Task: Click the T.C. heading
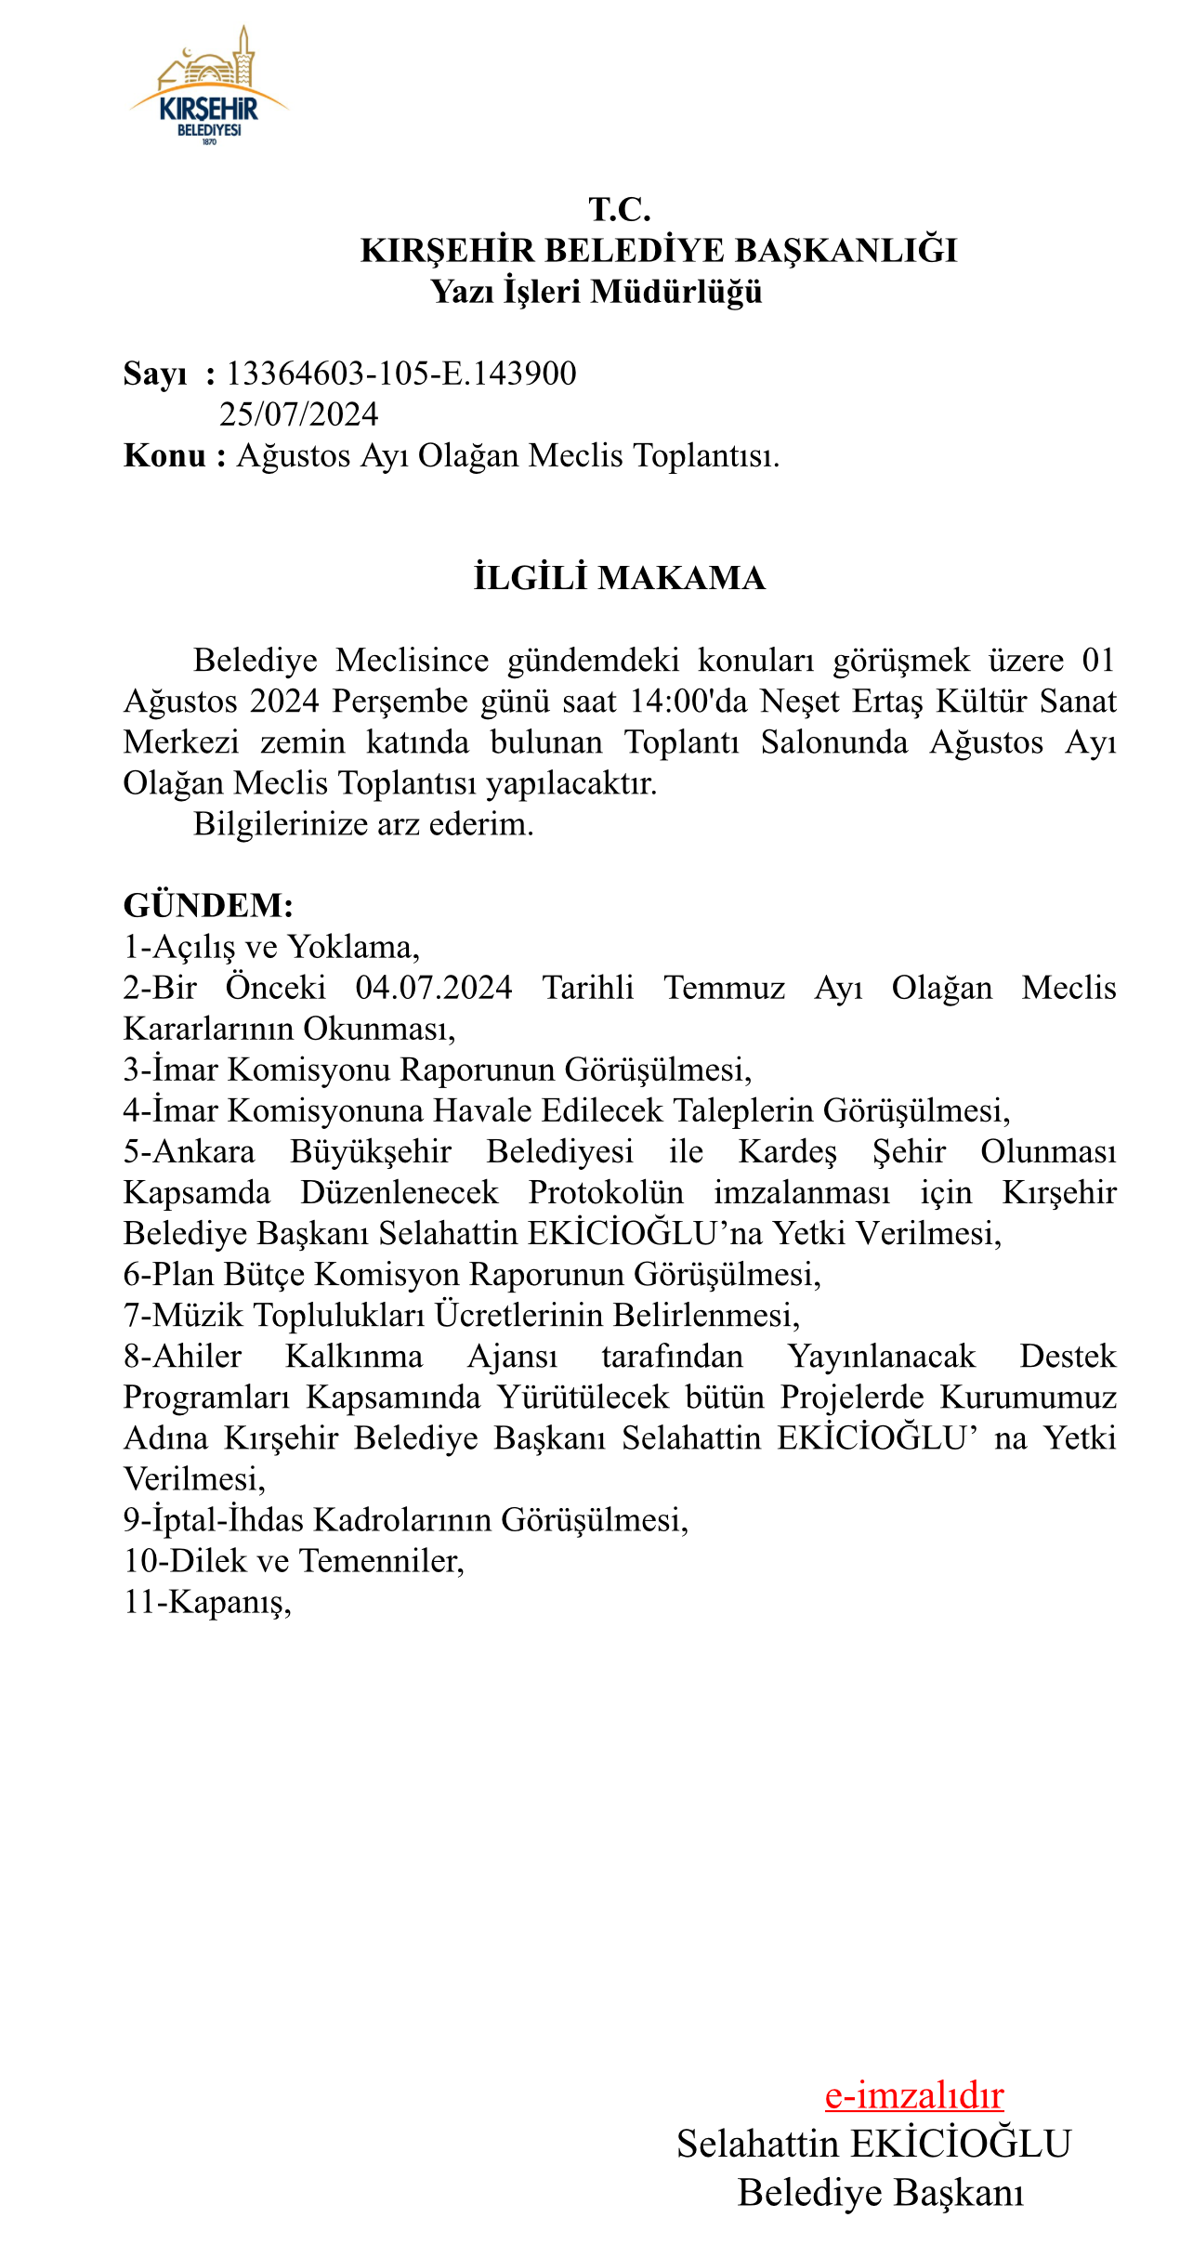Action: (620, 210)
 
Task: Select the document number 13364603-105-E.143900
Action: (401, 374)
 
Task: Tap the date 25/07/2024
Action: (299, 414)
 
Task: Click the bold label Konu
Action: (165, 456)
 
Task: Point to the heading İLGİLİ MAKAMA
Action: (620, 578)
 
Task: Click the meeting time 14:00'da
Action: (688, 702)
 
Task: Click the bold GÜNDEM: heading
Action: (208, 905)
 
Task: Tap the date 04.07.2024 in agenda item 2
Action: (434, 988)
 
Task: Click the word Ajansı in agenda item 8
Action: (513, 1357)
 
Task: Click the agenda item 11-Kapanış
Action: (207, 1602)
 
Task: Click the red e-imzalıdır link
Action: (914, 2095)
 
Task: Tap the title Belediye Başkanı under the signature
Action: (881, 2193)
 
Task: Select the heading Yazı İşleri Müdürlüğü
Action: (596, 292)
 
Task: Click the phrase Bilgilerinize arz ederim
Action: (363, 824)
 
